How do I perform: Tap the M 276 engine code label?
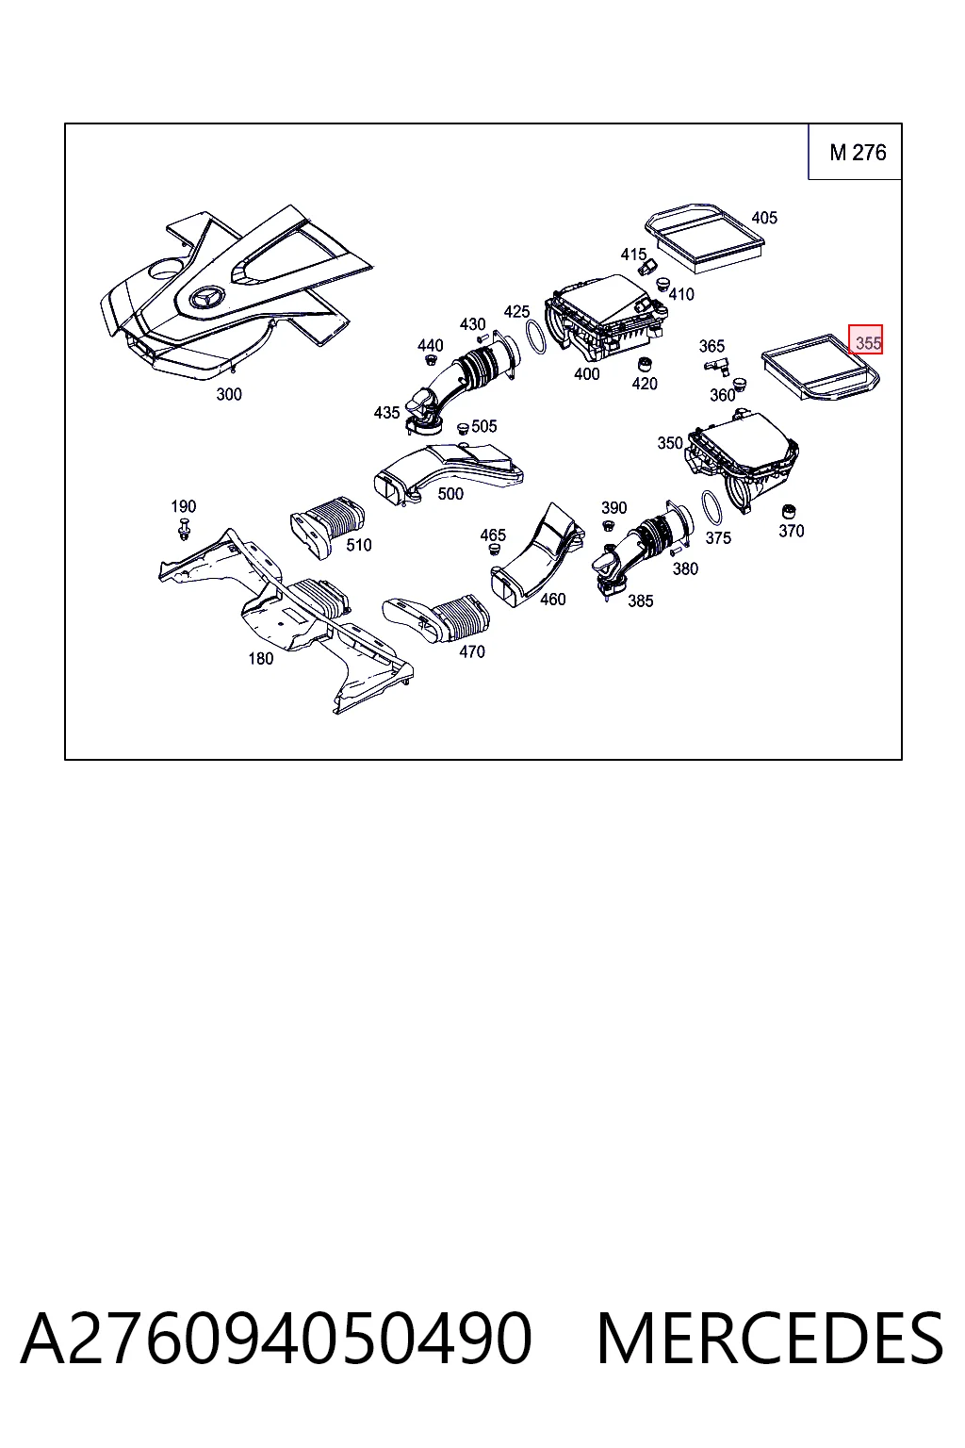pos(858,153)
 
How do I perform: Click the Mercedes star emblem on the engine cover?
pos(206,299)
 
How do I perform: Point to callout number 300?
pos(229,394)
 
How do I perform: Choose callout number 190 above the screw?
pos(184,506)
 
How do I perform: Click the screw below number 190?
pos(184,529)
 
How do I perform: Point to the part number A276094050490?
pos(277,1339)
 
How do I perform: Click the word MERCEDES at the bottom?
pos(770,1339)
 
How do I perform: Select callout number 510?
pos(359,545)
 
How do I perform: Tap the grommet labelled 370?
pos(788,511)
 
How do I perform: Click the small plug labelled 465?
pos(495,550)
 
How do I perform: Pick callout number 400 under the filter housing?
pos(586,373)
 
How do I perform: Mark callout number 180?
pos(260,659)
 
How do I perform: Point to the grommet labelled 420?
pos(643,364)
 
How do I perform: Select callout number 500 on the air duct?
pos(450,494)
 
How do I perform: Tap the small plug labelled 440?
pos(429,360)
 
